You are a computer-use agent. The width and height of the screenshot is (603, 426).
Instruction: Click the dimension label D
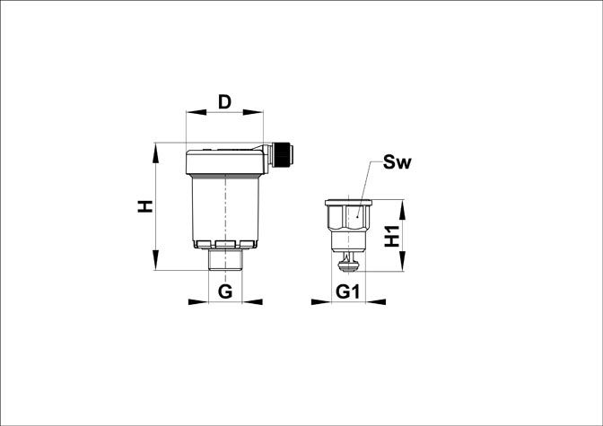[224, 102]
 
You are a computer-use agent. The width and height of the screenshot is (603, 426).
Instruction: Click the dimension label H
[145, 206]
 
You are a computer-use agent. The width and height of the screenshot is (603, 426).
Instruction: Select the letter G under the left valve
[225, 291]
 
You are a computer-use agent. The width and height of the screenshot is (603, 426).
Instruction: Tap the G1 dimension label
[347, 291]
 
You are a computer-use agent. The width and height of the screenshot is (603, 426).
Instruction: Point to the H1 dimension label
[392, 236]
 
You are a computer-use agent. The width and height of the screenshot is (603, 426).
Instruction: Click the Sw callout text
[397, 162]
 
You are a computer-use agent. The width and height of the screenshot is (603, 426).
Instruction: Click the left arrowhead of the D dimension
[196, 112]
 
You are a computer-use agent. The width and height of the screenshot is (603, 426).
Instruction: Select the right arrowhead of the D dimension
[253, 112]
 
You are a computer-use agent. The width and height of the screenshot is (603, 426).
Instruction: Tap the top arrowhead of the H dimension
[155, 153]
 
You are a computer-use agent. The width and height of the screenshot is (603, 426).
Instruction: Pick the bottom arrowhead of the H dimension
[155, 260]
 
